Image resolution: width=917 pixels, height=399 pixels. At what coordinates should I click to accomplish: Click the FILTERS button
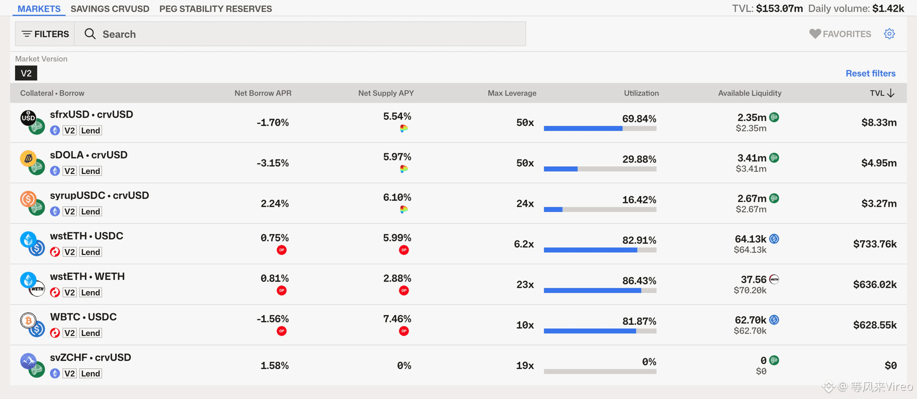click(45, 34)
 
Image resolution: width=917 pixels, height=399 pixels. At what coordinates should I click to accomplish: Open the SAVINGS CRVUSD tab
click(110, 9)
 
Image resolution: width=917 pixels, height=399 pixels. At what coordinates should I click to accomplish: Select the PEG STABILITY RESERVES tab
click(216, 9)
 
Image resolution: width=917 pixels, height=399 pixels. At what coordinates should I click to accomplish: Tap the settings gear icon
click(890, 34)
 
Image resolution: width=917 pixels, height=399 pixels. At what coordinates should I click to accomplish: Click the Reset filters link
click(870, 73)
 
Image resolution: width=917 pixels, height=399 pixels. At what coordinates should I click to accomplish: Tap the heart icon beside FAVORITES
click(815, 34)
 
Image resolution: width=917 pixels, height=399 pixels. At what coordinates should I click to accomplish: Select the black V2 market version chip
click(26, 73)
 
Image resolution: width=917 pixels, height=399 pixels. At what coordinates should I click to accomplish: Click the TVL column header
click(882, 93)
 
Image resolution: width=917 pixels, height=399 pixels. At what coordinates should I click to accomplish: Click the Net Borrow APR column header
click(263, 93)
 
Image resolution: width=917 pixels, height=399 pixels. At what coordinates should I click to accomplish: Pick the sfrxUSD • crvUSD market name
click(92, 114)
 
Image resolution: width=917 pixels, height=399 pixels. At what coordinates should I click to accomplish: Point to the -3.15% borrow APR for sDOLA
click(272, 163)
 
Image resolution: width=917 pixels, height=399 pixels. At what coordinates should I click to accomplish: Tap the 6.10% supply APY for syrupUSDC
click(397, 197)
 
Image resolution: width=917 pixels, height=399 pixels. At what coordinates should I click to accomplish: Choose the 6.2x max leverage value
click(524, 244)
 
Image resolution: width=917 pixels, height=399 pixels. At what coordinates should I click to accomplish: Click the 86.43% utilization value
click(639, 280)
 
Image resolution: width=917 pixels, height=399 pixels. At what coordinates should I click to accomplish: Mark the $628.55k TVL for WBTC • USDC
click(875, 325)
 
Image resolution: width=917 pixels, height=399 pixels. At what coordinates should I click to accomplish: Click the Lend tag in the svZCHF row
click(90, 373)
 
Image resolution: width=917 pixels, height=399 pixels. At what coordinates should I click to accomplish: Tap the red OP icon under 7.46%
click(404, 331)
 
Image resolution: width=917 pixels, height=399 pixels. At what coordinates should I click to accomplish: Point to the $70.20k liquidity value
click(750, 290)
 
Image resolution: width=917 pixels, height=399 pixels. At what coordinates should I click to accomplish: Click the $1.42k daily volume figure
click(888, 9)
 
